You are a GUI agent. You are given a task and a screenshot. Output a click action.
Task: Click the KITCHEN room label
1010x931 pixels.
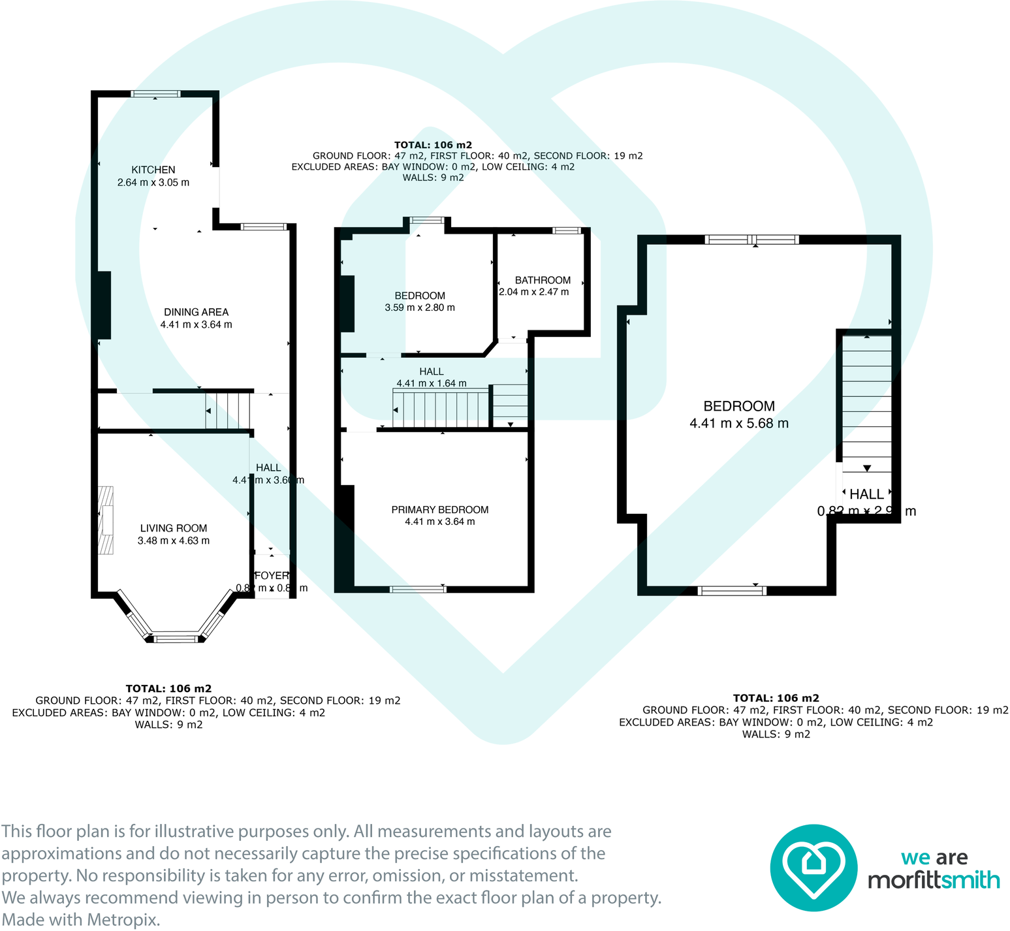pos(153,170)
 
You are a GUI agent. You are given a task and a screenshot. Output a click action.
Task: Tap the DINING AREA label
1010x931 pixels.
pos(196,312)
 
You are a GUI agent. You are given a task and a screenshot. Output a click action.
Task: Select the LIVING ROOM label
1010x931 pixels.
pos(174,528)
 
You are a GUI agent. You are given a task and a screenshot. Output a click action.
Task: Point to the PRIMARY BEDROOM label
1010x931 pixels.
pos(439,510)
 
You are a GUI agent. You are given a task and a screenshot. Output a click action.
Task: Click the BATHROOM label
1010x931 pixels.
pos(543,280)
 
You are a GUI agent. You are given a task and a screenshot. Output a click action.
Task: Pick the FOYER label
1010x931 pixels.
pos(272,576)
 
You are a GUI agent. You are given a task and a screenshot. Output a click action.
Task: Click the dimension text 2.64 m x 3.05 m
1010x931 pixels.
pos(153,183)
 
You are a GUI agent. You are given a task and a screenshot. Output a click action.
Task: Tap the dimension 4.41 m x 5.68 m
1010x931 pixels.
pos(738,423)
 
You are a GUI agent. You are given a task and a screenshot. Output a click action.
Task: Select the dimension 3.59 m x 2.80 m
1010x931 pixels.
pos(420,308)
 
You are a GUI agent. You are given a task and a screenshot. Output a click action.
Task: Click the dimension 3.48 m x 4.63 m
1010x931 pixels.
pos(174,541)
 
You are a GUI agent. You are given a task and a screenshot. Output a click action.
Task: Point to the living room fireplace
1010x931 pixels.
pos(106,520)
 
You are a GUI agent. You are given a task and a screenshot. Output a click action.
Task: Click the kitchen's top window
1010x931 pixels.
pos(155,94)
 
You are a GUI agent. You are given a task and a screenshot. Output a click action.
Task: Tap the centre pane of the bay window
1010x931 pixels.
pos(175,638)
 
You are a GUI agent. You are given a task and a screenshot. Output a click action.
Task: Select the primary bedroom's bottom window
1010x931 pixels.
pos(418,589)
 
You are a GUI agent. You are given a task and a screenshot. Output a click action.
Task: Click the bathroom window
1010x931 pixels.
pos(567,230)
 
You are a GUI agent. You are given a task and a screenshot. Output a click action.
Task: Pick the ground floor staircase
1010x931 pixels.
pos(228,410)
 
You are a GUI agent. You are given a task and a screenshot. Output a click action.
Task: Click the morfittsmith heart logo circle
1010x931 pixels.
pos(813,868)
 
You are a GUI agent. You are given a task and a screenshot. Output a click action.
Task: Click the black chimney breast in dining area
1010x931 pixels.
pos(104,305)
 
